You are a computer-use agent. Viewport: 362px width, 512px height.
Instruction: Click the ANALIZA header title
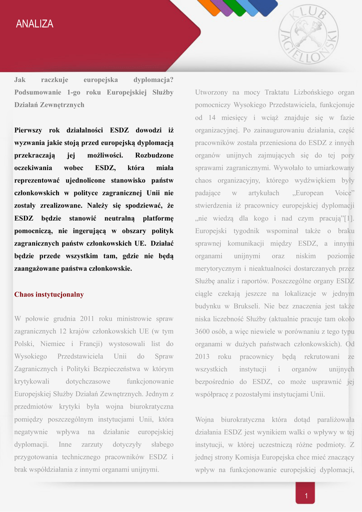click(x=34, y=24)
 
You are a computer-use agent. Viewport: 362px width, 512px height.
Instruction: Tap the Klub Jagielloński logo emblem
click(x=308, y=34)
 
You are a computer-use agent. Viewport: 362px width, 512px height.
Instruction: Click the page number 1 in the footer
click(x=305, y=496)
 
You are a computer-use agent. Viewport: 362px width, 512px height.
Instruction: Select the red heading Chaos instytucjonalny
click(x=49, y=294)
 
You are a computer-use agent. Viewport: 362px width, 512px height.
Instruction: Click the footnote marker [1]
click(x=347, y=218)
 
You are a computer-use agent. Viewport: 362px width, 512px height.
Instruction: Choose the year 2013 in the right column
click(x=203, y=356)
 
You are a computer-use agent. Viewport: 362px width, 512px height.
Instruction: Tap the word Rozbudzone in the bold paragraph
click(x=154, y=155)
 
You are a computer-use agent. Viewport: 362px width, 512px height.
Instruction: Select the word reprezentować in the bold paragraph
click(x=39, y=180)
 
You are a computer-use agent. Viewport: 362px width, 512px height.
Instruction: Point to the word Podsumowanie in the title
click(x=37, y=92)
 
